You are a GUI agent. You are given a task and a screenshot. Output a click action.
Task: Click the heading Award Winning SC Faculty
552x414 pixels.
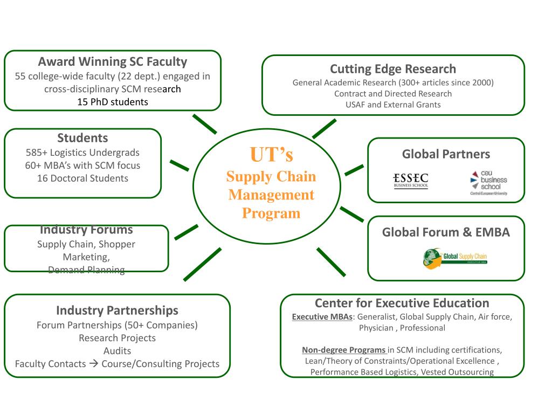click(113, 61)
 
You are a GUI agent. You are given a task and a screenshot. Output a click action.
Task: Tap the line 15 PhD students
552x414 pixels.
click(113, 101)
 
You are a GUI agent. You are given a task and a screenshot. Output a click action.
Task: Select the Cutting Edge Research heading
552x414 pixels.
click(393, 69)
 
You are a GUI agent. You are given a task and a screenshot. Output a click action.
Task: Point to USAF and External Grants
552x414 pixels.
click(393, 105)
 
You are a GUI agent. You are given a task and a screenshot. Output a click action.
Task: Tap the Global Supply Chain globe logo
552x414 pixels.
click(455, 257)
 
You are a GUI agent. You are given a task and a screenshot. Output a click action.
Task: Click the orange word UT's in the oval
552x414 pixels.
click(272, 154)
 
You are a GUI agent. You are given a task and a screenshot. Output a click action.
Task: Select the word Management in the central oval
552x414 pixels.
click(271, 195)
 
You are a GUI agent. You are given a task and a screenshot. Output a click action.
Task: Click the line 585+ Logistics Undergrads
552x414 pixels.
click(82, 152)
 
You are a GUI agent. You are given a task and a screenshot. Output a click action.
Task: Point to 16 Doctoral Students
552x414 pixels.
click(82, 178)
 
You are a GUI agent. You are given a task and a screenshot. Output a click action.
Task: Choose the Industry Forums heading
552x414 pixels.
click(86, 230)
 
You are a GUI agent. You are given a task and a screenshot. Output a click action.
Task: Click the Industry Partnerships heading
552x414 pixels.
click(117, 310)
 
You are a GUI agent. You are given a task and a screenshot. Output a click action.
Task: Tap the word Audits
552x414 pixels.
click(117, 350)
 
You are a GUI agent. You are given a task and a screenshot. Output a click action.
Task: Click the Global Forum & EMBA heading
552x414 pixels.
click(446, 232)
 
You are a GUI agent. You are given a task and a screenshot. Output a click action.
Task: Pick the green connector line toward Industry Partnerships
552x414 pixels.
click(202, 264)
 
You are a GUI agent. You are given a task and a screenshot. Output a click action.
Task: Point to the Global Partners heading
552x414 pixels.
click(446, 154)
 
